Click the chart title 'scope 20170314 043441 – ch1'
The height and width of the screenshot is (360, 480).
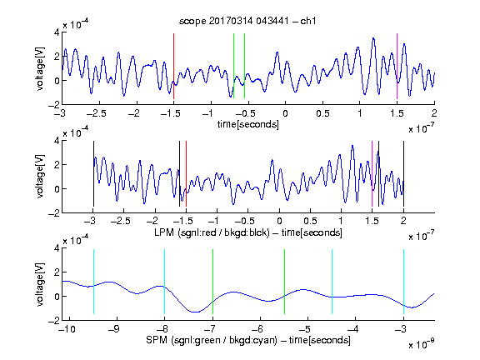247,21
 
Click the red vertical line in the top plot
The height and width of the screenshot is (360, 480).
173,66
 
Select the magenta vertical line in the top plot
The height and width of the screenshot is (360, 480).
397,66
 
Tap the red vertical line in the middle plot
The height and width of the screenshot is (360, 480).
186,174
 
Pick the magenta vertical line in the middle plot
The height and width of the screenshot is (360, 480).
372,174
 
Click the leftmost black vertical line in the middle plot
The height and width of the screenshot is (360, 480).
93,174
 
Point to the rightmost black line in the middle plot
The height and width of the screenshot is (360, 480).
403,174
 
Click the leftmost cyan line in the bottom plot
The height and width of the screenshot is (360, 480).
93,282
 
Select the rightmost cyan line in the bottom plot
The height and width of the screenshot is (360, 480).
403,282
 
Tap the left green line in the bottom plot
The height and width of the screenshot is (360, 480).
212,282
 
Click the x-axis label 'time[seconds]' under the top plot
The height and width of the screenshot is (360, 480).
248,124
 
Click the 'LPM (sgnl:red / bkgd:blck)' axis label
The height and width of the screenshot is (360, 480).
212,232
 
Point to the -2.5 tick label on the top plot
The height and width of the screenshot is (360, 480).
97,113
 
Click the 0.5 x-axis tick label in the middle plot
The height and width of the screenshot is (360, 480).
310,221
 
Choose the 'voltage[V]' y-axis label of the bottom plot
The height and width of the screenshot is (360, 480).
40,284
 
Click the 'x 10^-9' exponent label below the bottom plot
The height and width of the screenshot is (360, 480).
421,344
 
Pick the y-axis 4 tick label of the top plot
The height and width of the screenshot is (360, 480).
57,32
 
